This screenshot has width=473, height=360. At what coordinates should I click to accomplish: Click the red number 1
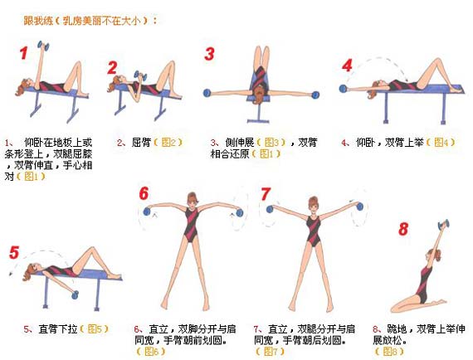24,53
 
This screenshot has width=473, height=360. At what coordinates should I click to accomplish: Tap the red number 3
209,54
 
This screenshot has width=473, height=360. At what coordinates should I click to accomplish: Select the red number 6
144,193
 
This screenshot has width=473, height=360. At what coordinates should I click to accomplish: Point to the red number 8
403,229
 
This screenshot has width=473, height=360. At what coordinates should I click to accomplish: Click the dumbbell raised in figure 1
43,46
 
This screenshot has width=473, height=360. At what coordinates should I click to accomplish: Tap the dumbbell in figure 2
140,75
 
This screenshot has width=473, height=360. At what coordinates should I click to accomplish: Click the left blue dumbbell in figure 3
207,93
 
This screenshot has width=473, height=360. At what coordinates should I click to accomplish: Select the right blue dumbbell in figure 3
315,95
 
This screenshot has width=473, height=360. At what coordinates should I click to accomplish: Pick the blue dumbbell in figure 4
343,89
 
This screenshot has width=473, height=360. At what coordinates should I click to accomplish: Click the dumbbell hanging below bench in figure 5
75,294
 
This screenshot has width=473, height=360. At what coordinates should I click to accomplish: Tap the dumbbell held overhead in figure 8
443,225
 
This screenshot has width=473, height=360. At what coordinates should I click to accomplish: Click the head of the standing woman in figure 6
192,200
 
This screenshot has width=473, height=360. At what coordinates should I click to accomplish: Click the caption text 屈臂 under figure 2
141,142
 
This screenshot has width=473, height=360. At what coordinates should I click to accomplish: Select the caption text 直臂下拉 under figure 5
58,328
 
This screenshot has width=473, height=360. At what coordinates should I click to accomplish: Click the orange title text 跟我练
38,21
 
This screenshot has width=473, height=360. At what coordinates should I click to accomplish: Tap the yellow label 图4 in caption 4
439,142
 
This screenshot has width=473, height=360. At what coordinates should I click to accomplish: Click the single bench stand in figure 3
258,114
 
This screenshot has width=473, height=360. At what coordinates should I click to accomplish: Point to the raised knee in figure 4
436,62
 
